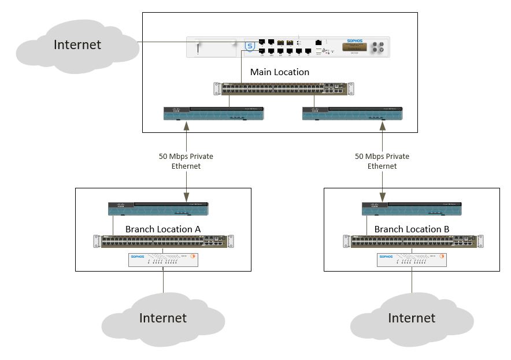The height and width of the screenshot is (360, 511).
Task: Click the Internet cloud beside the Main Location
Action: tap(76, 45)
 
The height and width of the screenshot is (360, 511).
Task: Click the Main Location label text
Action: tap(280, 72)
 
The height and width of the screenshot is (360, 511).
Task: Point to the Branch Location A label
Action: tap(162, 229)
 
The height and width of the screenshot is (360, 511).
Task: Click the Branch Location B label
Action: tap(412, 229)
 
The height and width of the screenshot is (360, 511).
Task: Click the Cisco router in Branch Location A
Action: tap(158, 208)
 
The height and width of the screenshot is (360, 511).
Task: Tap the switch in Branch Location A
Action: tap(162, 241)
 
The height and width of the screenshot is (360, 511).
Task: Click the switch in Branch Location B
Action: tap(411, 241)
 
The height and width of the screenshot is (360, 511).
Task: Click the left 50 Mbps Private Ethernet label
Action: tap(187, 161)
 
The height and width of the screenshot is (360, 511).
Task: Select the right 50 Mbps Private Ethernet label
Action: tap(382, 161)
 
